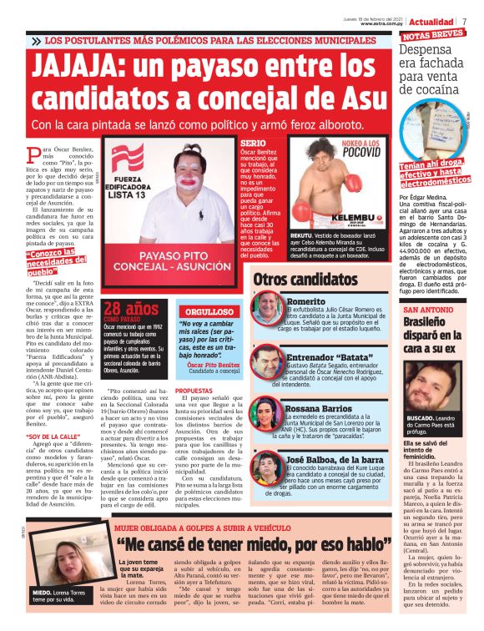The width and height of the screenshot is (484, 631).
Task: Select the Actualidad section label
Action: coord(431,21)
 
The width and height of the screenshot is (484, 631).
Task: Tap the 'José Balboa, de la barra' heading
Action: coord(336,460)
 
